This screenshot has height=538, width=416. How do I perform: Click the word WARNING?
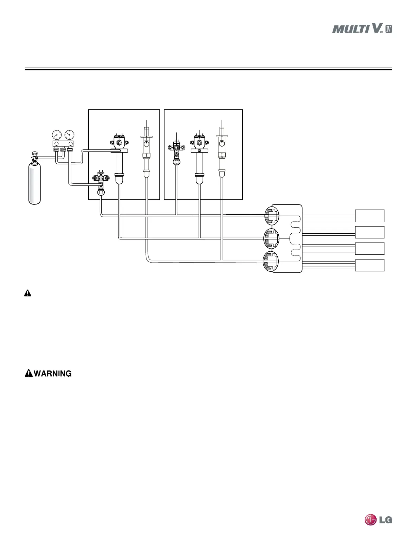tap(53, 374)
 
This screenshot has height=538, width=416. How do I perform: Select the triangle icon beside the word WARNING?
tap(29, 374)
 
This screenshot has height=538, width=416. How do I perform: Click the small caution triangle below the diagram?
tap(28, 293)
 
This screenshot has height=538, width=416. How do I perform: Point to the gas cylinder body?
tap(35, 183)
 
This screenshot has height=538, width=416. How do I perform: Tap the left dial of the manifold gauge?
tap(57, 135)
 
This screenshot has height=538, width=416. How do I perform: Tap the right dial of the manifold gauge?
tap(70, 135)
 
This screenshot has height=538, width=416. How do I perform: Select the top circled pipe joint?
tap(272, 215)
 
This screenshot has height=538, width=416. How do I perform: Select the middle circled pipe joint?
tap(272, 238)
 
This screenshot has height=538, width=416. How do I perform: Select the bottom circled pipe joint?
tap(272, 262)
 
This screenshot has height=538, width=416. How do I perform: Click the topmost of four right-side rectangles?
tap(370, 216)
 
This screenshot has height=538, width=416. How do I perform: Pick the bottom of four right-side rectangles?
tap(370, 265)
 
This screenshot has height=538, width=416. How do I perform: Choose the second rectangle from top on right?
tap(370, 232)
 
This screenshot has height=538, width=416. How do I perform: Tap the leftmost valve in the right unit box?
tap(177, 148)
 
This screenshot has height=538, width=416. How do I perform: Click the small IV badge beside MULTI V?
tap(389, 29)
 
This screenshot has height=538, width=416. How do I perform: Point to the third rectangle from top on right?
tap(370, 249)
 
